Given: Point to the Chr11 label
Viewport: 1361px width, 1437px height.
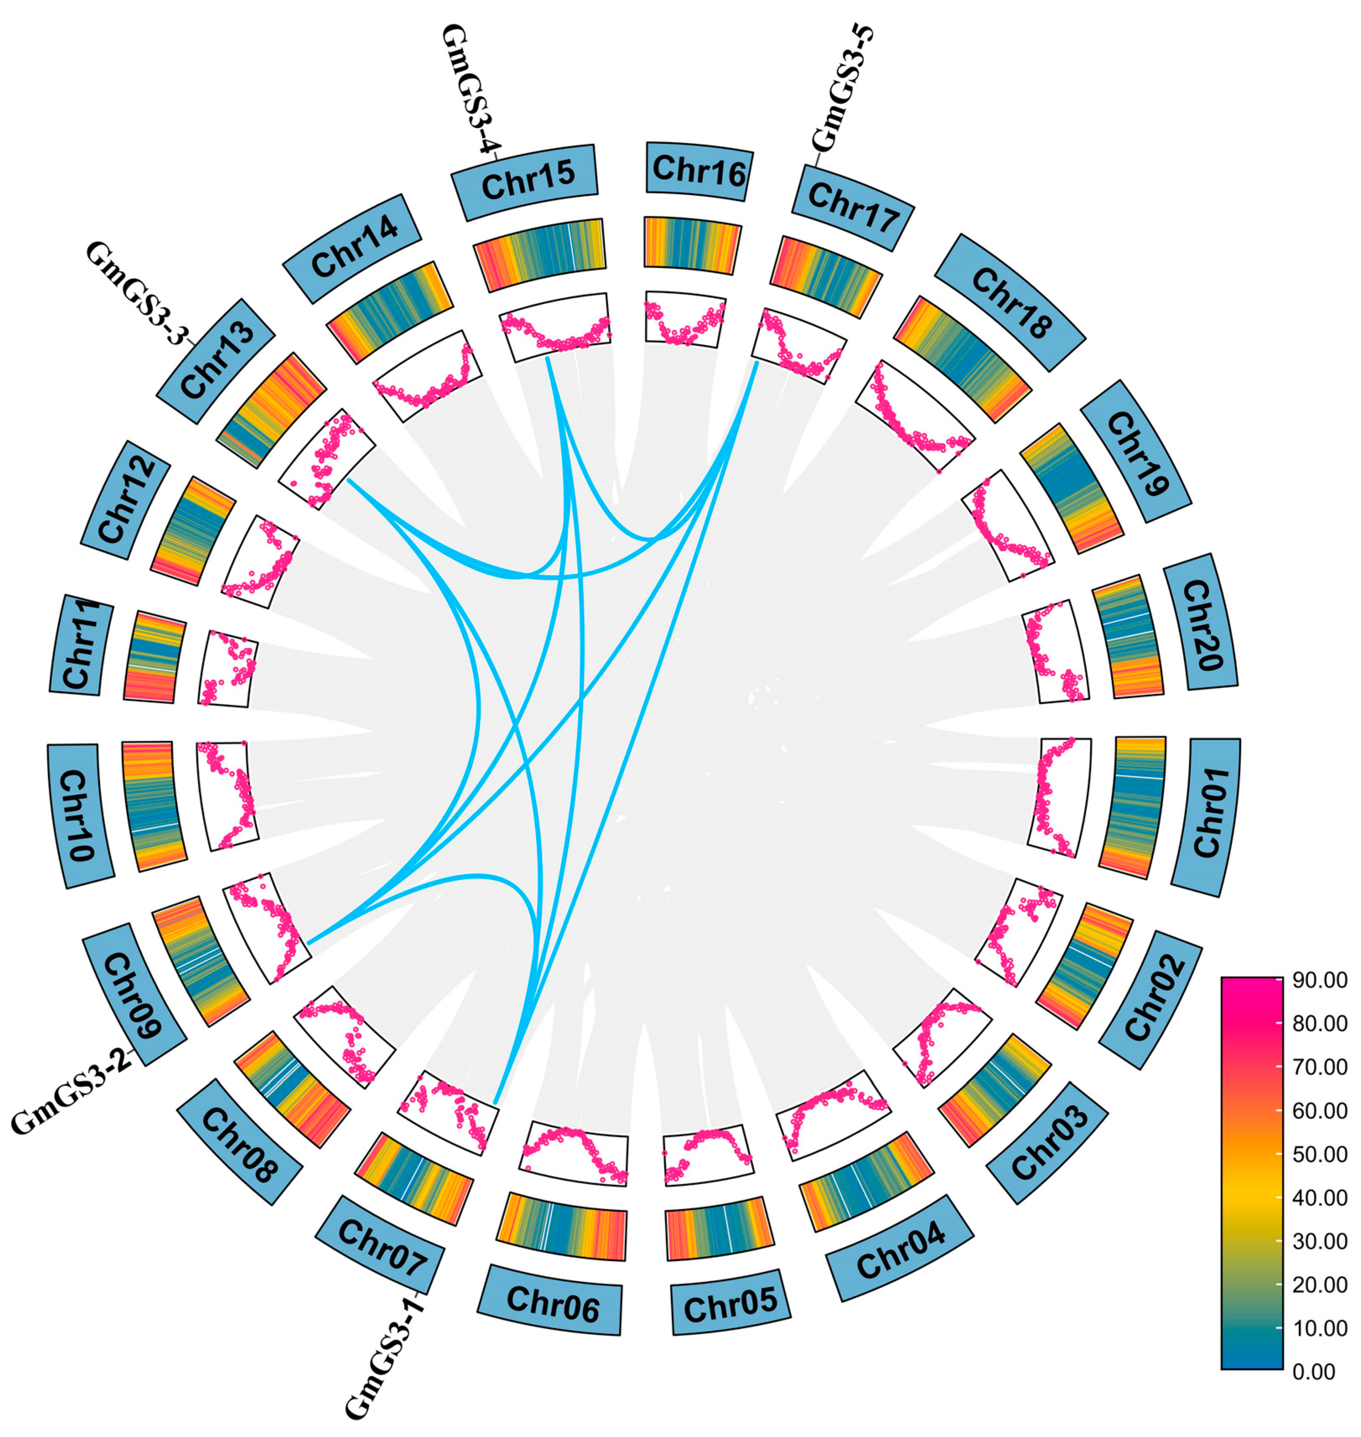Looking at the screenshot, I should pyautogui.click(x=79, y=645).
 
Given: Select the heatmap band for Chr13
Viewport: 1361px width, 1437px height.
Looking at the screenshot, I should pyautogui.click(x=270, y=410).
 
